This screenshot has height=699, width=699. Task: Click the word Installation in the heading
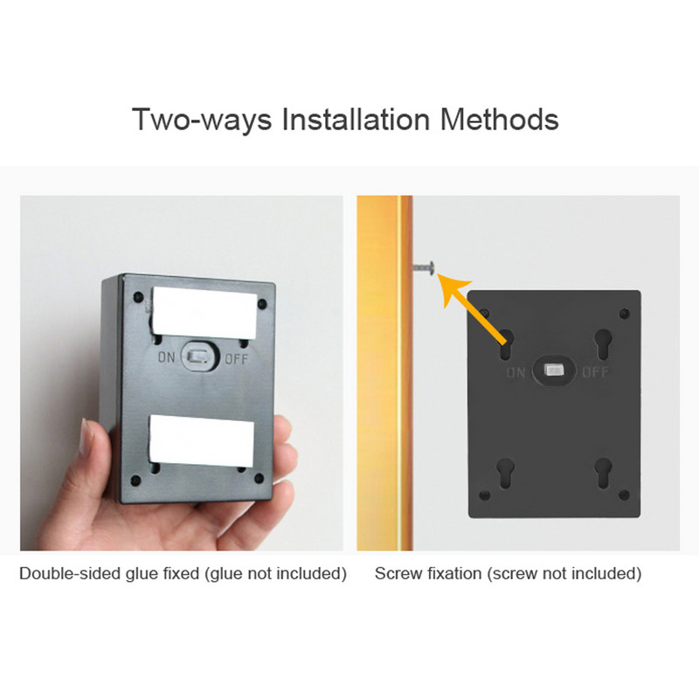(356, 119)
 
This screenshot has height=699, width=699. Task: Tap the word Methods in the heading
(499, 119)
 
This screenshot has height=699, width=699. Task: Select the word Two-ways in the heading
(202, 121)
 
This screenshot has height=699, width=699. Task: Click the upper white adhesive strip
(204, 312)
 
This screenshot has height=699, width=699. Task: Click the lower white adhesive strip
(202, 439)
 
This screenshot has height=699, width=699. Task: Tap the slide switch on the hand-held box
(198, 356)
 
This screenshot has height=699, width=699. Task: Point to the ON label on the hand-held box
(166, 356)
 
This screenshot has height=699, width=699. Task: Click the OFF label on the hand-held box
(236, 359)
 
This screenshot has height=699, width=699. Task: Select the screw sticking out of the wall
(424, 268)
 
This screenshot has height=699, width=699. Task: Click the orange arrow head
(453, 290)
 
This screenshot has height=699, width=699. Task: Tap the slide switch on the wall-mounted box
(554, 370)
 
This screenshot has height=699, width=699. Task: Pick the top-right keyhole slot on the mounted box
(603, 344)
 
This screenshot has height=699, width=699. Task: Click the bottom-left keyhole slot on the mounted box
(505, 474)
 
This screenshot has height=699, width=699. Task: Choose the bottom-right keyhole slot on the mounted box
(603, 474)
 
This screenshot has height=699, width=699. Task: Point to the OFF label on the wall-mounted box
(595, 372)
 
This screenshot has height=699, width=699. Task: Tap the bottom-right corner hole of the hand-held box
(259, 479)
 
